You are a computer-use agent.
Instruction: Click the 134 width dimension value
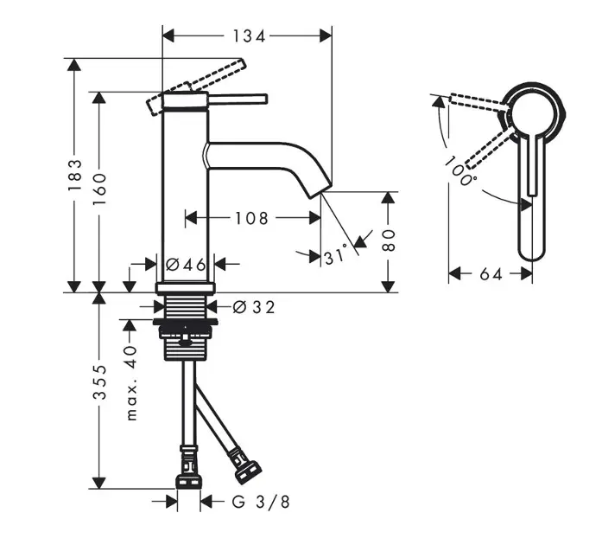(249, 36)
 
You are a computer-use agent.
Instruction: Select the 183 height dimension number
(74, 175)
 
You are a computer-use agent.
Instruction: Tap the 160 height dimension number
(99, 189)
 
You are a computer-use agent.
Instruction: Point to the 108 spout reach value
(251, 218)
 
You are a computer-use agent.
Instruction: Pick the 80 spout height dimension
(389, 240)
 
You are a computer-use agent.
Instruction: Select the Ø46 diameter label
(186, 264)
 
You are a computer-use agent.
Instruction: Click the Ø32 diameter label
(254, 307)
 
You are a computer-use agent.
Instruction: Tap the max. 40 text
(131, 382)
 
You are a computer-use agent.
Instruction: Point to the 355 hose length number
(99, 381)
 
